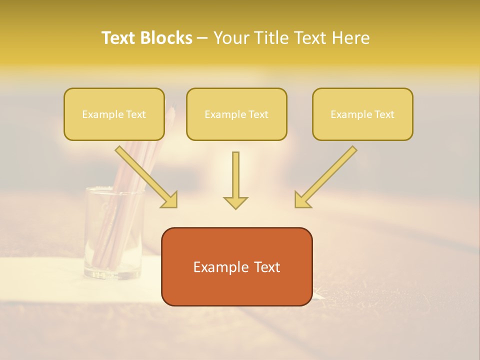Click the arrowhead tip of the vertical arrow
(x=235, y=208)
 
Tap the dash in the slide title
(x=202, y=38)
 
